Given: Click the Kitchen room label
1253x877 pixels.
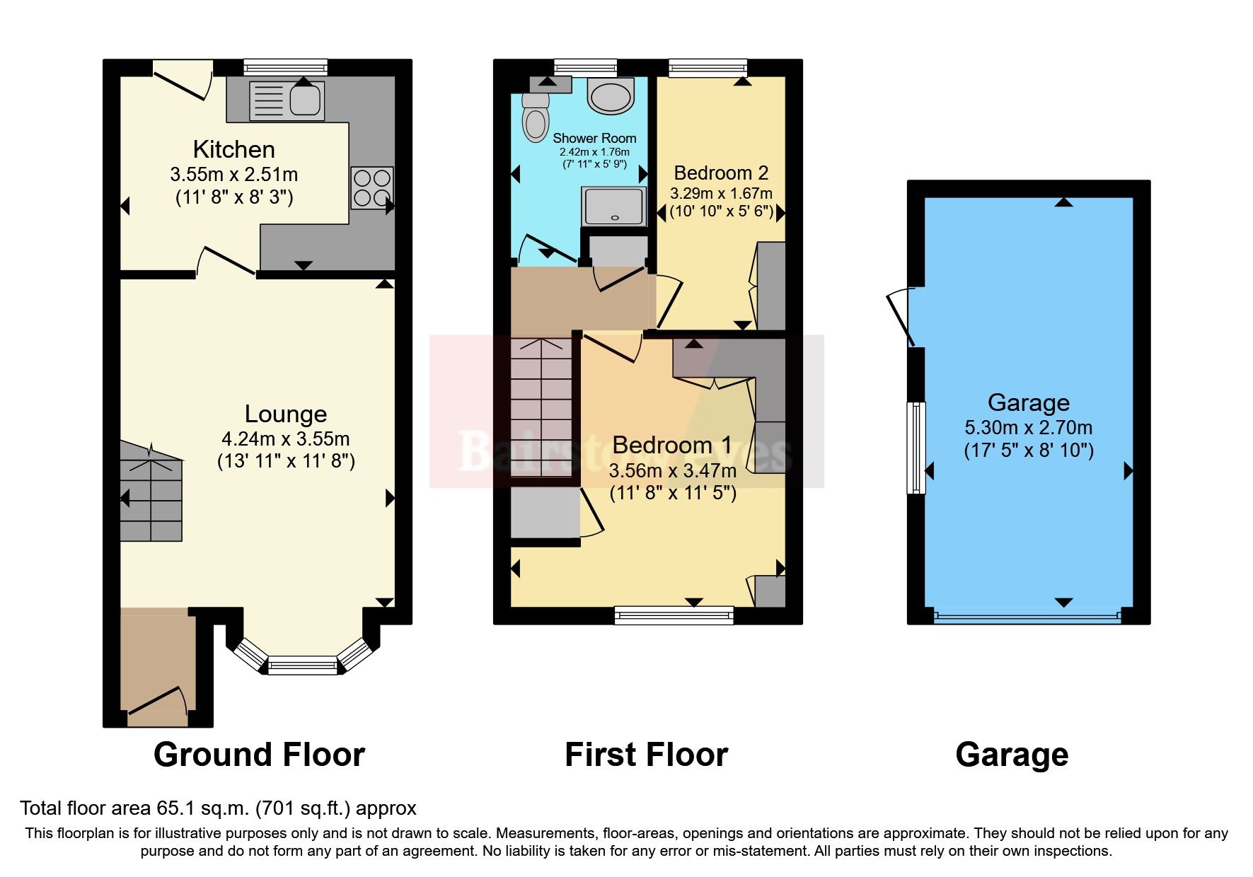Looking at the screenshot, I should point(233,150).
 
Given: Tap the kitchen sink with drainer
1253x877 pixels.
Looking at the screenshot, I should point(287,100).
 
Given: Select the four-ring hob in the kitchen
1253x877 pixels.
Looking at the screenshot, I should point(372,187).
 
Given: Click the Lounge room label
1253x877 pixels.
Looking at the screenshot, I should point(285,414).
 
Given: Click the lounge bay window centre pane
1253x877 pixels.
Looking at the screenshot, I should point(302,665).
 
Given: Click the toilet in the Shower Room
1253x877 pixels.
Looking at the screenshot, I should point(536,118).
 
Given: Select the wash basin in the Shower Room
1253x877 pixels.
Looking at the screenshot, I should point(610,96).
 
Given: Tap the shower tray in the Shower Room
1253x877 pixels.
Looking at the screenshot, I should point(613,206).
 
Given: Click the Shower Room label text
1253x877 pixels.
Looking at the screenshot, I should point(594,139).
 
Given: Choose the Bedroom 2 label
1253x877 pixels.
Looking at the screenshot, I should point(721,173).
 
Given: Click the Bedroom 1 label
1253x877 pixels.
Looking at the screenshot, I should point(671,446).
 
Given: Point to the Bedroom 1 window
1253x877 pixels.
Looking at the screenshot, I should point(674,615).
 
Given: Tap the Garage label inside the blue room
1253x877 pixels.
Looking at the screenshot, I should point(1028,403).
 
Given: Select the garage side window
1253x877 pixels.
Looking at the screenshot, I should point(916,448).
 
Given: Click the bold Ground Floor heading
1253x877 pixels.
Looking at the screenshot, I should point(259,755).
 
